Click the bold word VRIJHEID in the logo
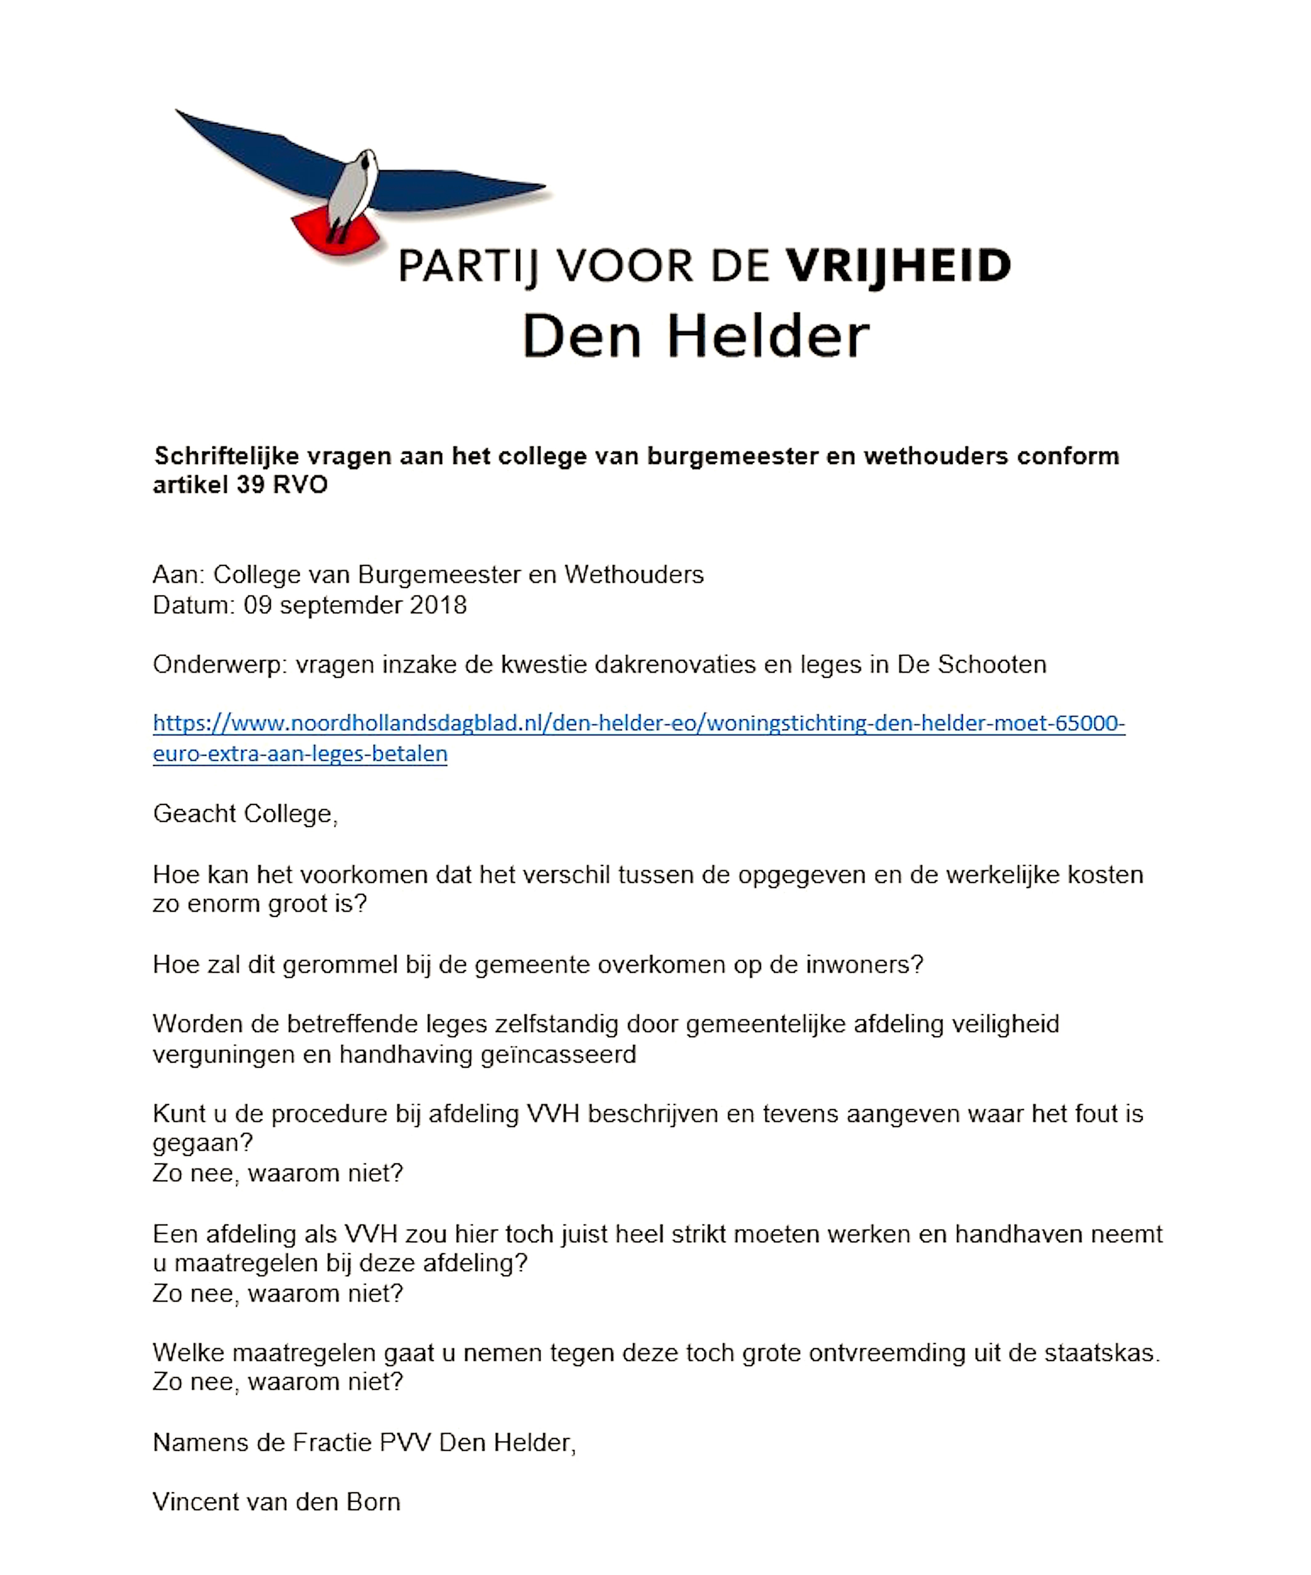click(898, 266)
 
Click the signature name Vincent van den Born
click(277, 1502)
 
